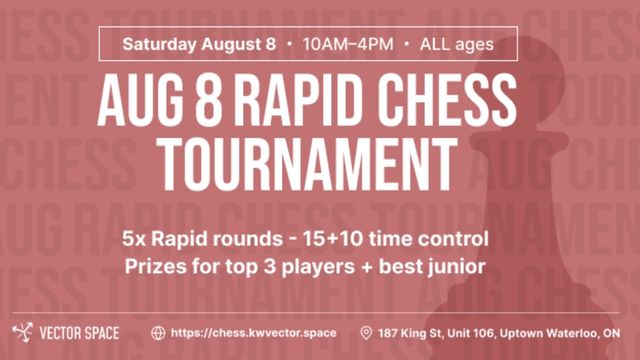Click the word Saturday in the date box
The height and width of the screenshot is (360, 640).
click(159, 44)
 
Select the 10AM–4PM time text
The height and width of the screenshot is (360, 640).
click(348, 44)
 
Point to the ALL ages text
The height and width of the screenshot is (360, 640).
click(457, 44)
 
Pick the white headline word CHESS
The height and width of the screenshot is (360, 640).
click(446, 100)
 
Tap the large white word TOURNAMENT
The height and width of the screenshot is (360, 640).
click(308, 164)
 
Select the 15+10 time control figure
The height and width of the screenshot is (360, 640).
click(333, 239)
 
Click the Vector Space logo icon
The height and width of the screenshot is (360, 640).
click(22, 333)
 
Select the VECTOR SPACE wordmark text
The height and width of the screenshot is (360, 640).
click(79, 333)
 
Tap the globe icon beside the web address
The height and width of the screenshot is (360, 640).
click(158, 333)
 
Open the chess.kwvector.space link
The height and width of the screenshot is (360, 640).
click(253, 333)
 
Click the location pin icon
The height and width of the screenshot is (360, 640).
click(366, 333)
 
